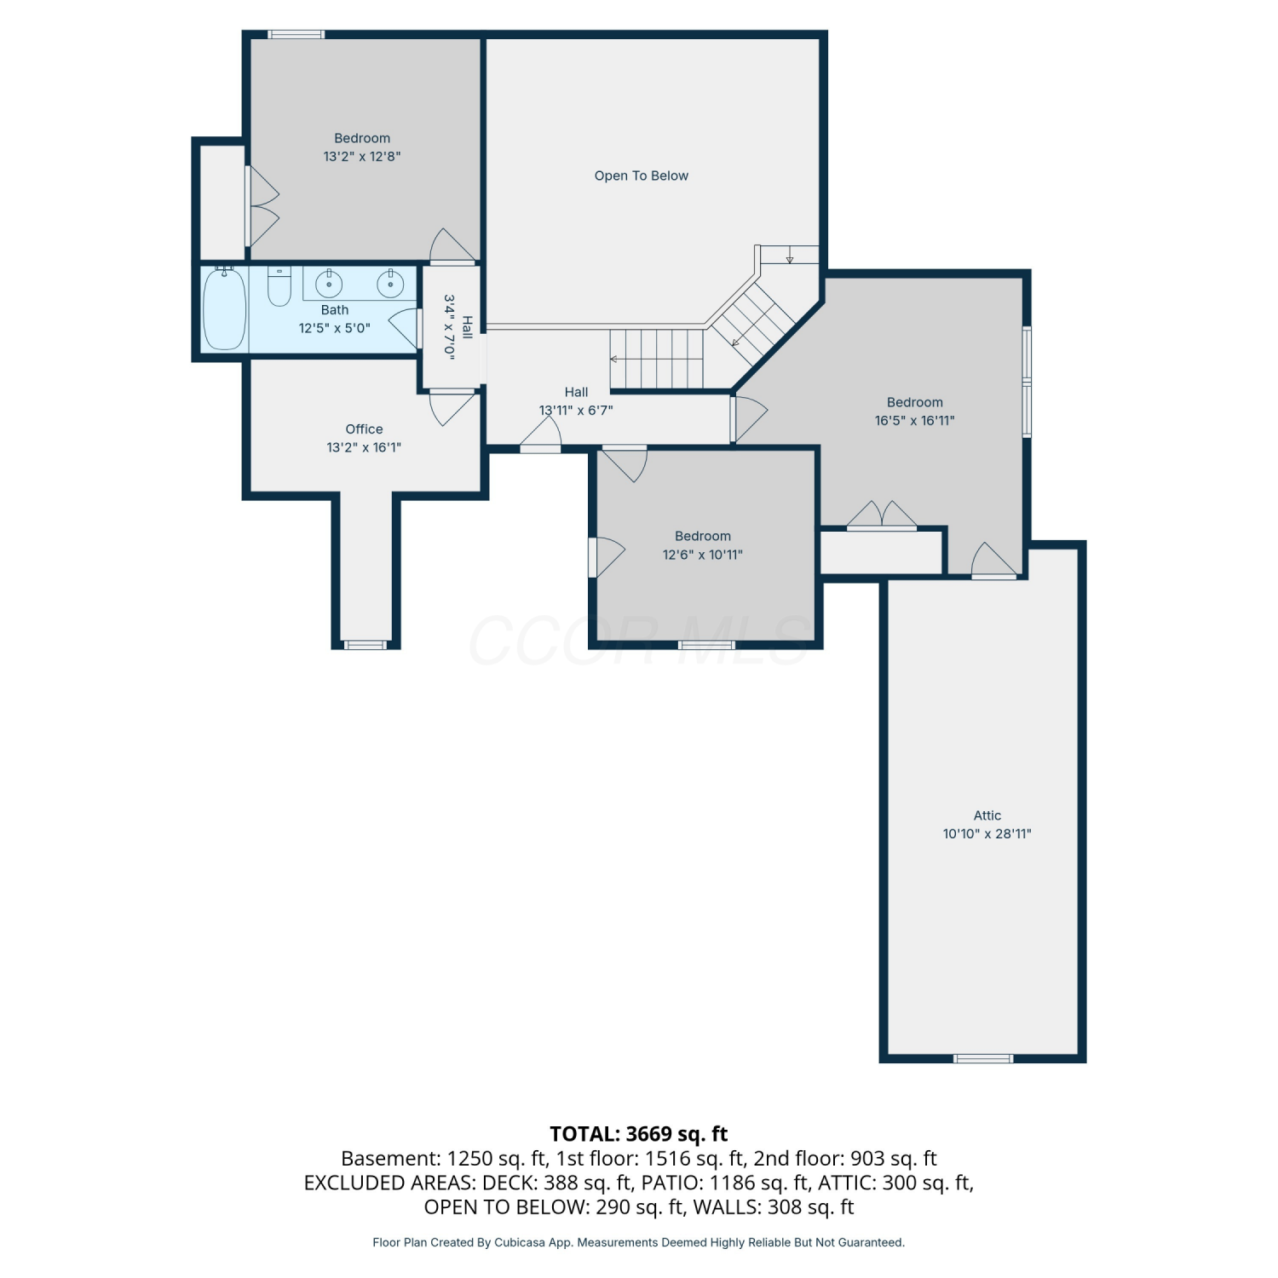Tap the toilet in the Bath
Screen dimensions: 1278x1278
(x=279, y=286)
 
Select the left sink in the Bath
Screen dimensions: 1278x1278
(x=329, y=284)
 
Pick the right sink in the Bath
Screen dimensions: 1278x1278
(x=391, y=284)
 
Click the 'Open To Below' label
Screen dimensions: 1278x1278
(x=642, y=176)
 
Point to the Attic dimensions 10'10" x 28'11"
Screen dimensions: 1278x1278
(x=987, y=834)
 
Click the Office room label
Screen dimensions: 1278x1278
(x=364, y=429)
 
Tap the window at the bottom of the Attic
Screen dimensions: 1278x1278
(x=983, y=1058)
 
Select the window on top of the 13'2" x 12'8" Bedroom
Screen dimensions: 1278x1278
(x=296, y=34)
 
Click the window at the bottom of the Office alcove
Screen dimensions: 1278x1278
(x=366, y=645)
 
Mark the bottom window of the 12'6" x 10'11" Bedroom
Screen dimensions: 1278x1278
(x=706, y=645)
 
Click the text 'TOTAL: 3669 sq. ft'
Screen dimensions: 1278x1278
(x=639, y=1134)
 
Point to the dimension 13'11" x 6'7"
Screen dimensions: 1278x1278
(x=576, y=411)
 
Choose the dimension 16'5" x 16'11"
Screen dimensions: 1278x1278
(x=915, y=421)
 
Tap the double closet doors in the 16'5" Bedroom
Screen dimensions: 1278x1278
(x=882, y=516)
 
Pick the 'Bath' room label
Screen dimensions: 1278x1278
(x=335, y=310)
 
